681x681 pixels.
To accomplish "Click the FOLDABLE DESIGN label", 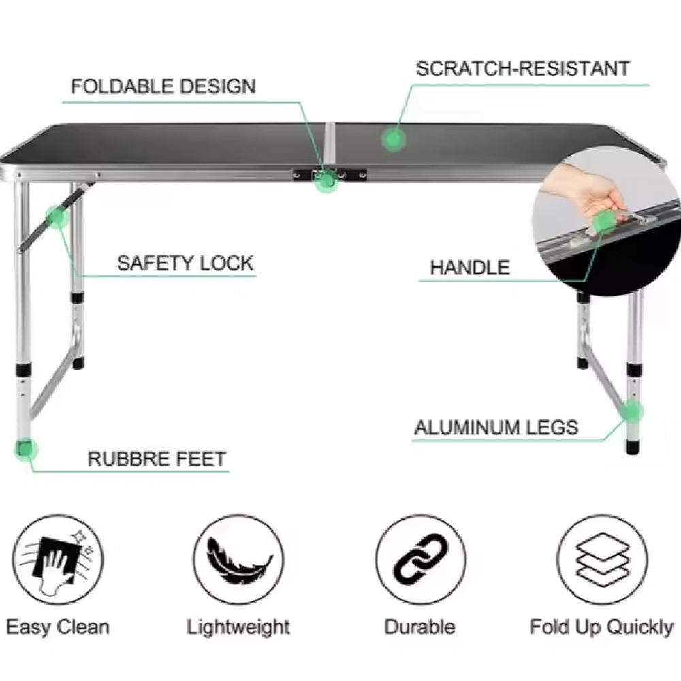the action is [163, 86].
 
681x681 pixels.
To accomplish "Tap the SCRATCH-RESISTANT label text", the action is [523, 69].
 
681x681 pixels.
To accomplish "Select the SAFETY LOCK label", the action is [185, 263].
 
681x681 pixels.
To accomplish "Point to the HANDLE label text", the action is [470, 268].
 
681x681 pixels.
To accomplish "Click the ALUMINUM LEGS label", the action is [497, 428].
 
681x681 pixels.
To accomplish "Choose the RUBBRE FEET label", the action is [157, 458].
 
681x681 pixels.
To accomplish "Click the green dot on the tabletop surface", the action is [394, 140].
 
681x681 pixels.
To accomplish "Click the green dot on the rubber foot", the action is [26, 449].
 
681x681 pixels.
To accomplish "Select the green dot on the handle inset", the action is [605, 222].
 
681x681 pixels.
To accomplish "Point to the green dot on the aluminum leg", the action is [632, 411].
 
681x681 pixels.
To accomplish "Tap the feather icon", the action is [238, 560].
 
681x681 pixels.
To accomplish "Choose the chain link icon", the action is [420, 560].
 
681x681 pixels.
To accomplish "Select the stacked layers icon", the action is [603, 560].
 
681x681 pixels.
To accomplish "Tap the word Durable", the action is [420, 627].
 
